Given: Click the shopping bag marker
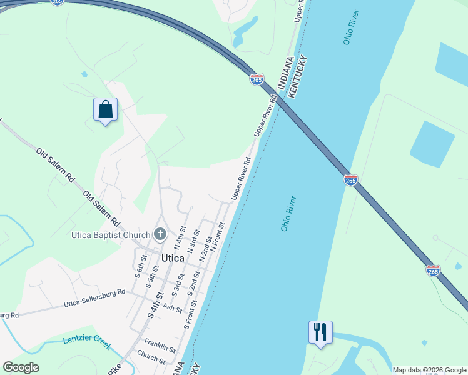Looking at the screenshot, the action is [x=105, y=109].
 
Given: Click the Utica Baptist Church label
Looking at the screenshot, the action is [x=110, y=235].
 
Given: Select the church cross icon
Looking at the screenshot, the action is [x=160, y=235].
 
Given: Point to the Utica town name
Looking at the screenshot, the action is [x=173, y=257].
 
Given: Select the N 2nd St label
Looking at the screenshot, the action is [x=205, y=249].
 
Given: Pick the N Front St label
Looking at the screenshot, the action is [x=218, y=237].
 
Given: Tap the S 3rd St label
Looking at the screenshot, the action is [x=178, y=284].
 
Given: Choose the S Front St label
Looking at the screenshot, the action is [x=191, y=315].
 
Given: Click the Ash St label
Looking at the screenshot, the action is [x=172, y=309].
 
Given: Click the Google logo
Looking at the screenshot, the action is [x=21, y=367].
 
